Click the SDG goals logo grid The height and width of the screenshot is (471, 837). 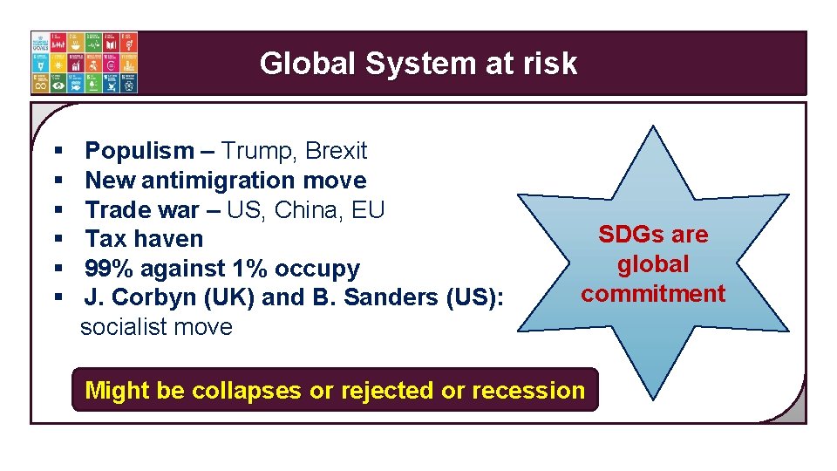coord(85,63)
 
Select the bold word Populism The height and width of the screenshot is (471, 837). coord(139,151)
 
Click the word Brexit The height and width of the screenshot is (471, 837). coord(337,151)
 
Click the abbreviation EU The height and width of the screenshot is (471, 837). coord(370,210)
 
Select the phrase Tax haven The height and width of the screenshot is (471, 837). coord(144,239)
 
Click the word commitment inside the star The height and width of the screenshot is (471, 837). coord(653,293)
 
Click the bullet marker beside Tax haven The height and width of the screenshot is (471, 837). coord(58,239)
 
